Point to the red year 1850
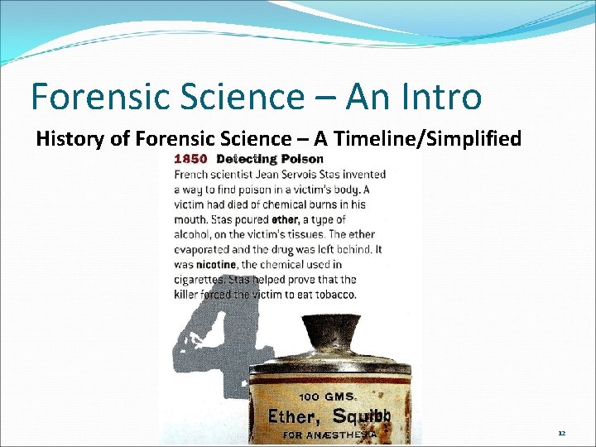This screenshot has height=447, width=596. tap(190, 159)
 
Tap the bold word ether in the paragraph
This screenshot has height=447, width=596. tap(284, 219)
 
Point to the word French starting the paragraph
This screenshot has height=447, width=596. tap(191, 174)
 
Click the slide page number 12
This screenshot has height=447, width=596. tap(561, 433)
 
